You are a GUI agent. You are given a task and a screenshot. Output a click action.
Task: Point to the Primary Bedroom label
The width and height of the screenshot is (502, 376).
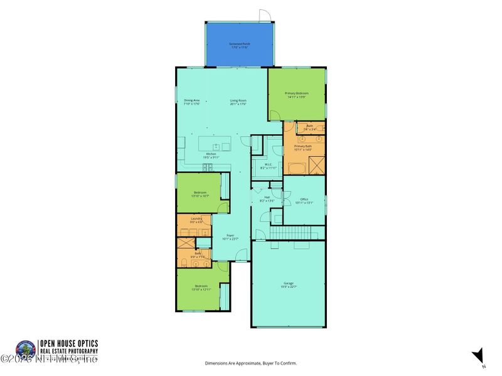297,95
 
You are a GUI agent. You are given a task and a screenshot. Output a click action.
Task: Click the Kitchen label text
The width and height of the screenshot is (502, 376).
211,155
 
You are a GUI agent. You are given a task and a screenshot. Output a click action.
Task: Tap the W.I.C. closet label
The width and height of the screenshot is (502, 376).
268,167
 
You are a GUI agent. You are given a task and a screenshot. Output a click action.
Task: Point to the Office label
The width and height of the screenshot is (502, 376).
304,201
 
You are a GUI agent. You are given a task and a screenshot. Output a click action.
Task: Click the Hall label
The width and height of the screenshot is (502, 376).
267,199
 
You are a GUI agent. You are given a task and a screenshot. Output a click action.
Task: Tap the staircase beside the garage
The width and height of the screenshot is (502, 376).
291,232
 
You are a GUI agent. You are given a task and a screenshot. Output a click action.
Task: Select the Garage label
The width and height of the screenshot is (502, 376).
288,285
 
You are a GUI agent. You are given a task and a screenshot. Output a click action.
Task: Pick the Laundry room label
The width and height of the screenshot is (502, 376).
196,221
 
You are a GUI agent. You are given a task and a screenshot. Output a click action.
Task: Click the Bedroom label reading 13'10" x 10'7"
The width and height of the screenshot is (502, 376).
200,195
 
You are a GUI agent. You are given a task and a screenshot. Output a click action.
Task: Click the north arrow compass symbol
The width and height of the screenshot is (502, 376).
478,355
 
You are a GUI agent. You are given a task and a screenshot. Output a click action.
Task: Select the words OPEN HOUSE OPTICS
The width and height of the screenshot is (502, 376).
68,343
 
